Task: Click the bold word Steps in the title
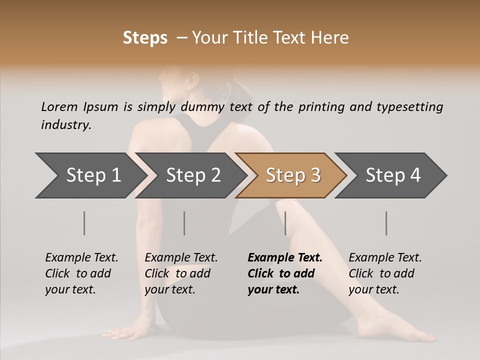[x=145, y=38]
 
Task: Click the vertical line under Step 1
[x=84, y=223]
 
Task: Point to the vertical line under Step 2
[x=184, y=223]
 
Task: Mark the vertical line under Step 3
[x=285, y=223]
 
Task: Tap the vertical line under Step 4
[x=386, y=223]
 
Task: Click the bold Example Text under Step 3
[x=285, y=257]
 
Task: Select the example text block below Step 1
[x=81, y=273]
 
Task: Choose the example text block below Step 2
[x=181, y=273]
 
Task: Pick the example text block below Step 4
[x=385, y=273]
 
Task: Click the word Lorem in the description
[x=59, y=106]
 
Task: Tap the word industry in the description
[x=66, y=124]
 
